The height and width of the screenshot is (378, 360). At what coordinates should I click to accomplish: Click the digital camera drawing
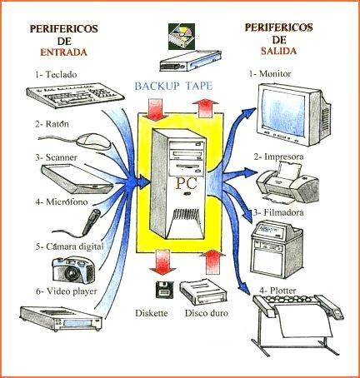click(x=74, y=268)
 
